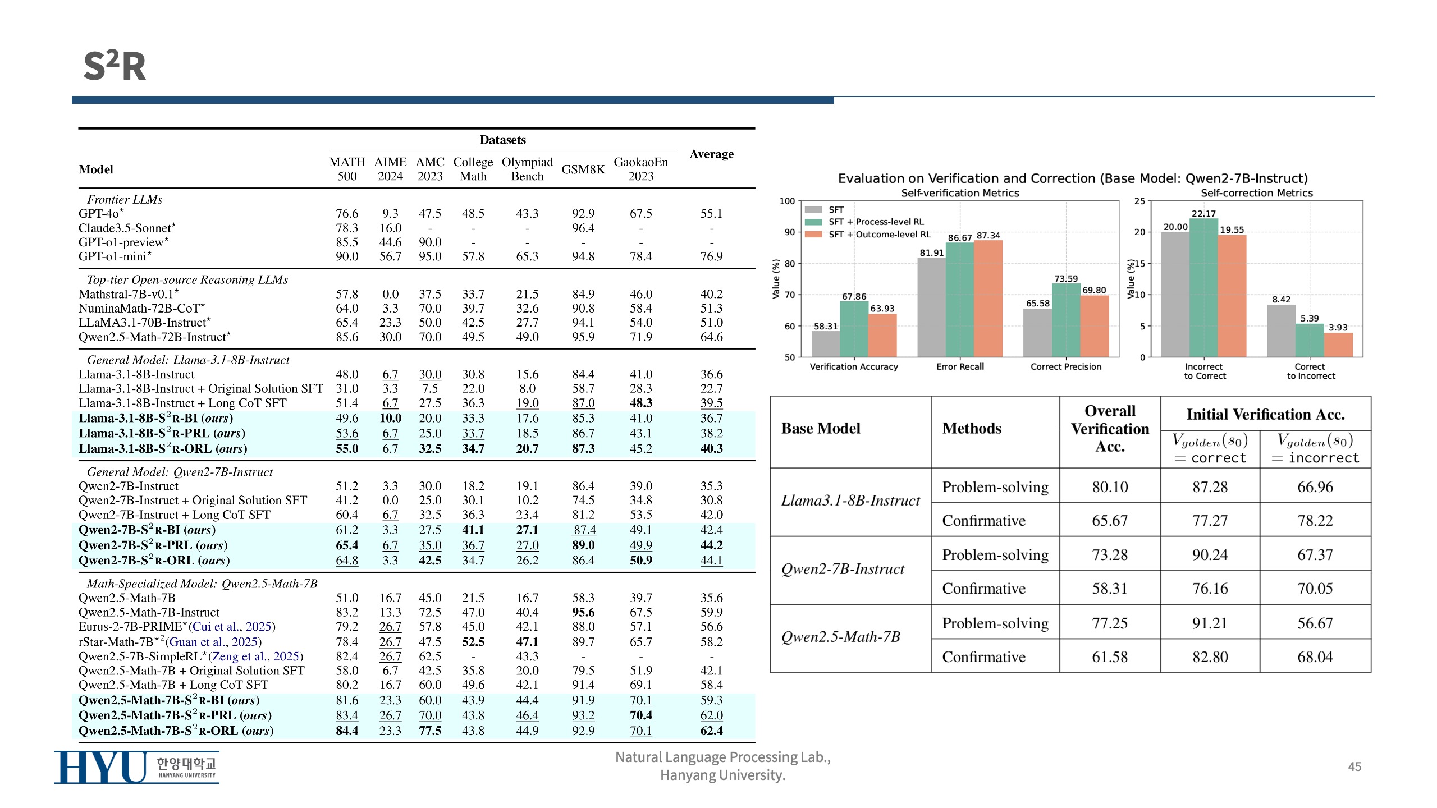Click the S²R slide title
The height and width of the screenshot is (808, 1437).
click(115, 66)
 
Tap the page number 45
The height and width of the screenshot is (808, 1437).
click(1354, 766)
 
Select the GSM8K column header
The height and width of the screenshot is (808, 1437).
click(583, 169)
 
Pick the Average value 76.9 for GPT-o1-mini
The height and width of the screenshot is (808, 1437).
click(711, 256)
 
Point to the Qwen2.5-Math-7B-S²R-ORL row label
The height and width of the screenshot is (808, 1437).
click(176, 731)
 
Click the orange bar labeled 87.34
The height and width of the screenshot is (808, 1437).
click(988, 298)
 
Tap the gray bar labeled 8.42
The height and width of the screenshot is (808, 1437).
click(1281, 330)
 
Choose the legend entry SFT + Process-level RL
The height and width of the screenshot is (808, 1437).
click(876, 222)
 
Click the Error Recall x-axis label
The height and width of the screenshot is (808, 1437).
click(960, 367)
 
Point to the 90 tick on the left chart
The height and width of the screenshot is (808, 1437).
click(789, 232)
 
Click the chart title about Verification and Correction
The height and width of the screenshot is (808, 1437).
click(1072, 178)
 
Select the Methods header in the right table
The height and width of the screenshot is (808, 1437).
click(972, 429)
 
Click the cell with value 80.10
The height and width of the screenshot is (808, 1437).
click(1110, 487)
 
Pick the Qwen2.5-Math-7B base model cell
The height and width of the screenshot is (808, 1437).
click(841, 637)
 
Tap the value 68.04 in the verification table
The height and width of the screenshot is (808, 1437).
click(1315, 657)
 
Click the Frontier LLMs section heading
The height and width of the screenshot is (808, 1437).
click(124, 200)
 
